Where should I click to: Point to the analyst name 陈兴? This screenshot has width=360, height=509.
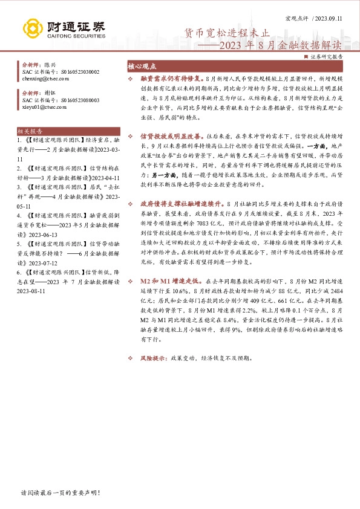tap(50, 65)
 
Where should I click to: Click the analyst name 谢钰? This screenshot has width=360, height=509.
tap(50, 93)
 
